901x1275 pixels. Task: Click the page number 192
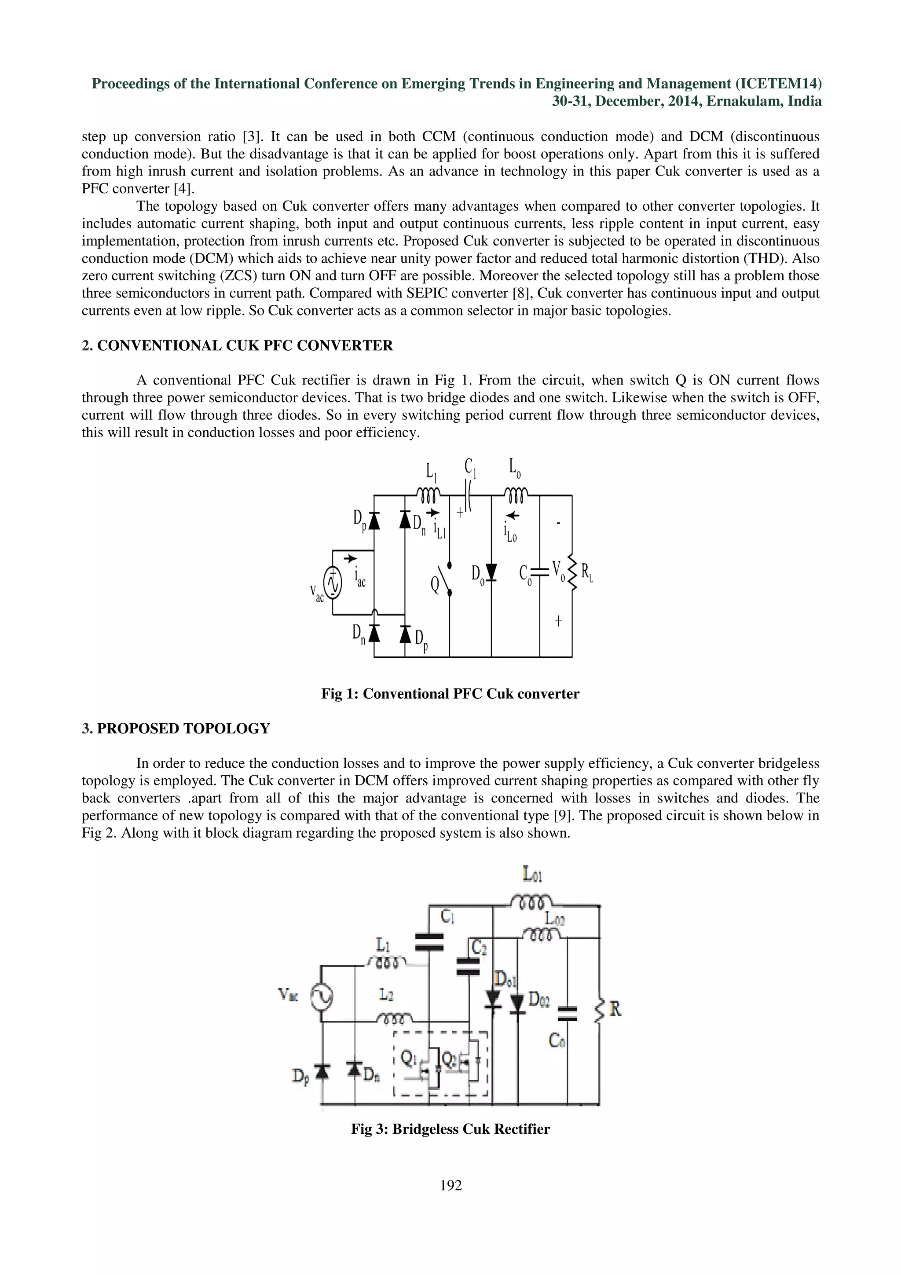(x=450, y=1186)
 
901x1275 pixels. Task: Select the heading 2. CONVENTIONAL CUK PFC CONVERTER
(x=237, y=345)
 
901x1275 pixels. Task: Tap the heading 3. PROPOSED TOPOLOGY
(x=176, y=729)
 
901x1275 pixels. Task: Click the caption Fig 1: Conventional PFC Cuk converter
(x=450, y=693)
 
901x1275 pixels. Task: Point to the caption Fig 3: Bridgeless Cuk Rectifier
(x=450, y=1129)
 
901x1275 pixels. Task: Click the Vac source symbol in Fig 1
(x=332, y=583)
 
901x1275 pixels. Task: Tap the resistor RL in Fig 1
(x=572, y=572)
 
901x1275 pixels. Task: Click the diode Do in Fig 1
(x=491, y=572)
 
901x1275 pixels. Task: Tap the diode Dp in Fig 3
(x=322, y=1070)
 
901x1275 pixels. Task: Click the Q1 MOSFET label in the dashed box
(x=409, y=1059)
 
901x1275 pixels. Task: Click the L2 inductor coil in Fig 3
(x=394, y=1018)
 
